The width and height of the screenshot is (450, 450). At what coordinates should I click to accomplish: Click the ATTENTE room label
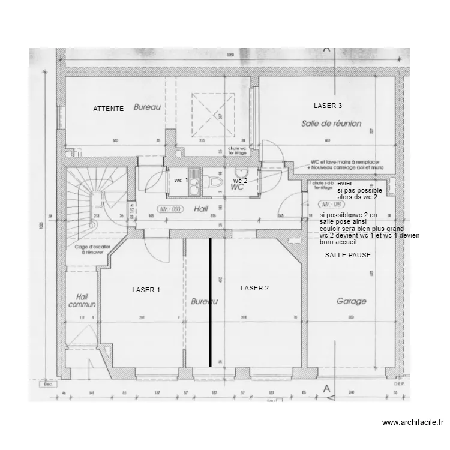[x=109, y=109]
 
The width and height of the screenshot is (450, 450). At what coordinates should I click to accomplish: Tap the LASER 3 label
[x=328, y=106]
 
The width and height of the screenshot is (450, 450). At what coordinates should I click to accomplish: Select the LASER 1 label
[x=146, y=290]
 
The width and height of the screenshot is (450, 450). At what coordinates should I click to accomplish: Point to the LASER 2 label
[x=254, y=288]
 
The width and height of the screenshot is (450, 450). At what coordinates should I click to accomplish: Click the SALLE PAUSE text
[x=347, y=255]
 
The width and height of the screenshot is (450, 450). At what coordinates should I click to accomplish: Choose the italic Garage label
[x=351, y=302]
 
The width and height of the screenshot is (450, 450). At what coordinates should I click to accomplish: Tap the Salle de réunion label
[x=331, y=123]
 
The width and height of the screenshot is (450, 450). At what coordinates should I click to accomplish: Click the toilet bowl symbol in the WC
[x=215, y=182]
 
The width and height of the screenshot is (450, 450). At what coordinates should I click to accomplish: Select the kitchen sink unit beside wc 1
[x=194, y=184]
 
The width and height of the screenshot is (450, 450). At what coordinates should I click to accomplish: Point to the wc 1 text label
[x=181, y=181]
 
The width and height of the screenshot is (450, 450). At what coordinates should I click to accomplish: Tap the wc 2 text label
[x=241, y=181]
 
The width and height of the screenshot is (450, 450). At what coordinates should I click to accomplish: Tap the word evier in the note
[x=344, y=184]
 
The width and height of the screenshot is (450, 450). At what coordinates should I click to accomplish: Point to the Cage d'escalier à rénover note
[x=91, y=250]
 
